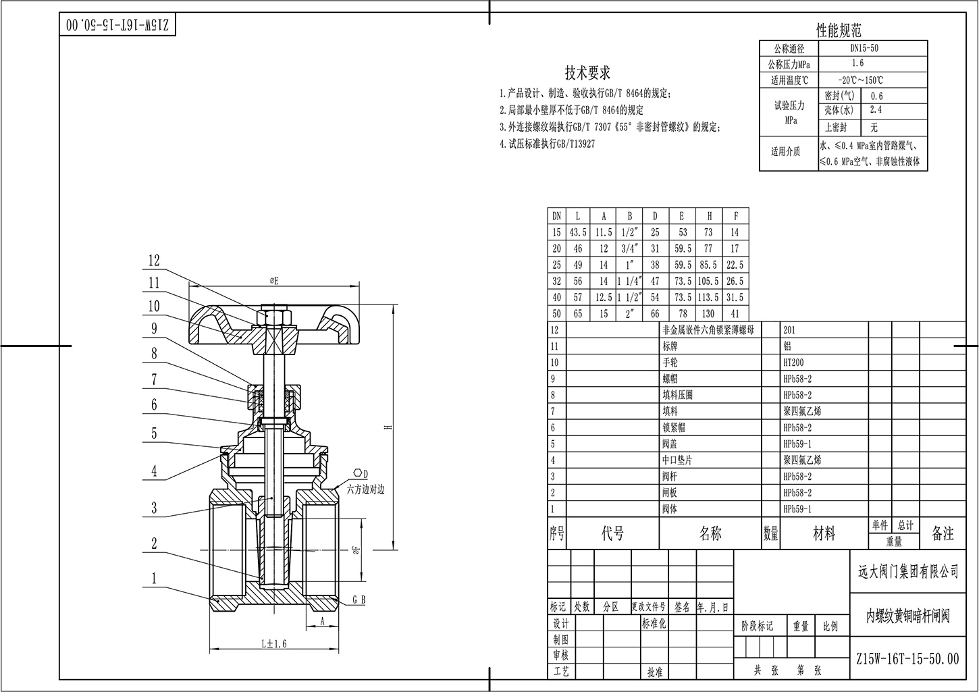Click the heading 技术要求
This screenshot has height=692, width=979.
[x=587, y=73]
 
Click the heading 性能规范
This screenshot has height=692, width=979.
[x=839, y=30]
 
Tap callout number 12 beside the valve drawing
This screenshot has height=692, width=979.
[x=154, y=260]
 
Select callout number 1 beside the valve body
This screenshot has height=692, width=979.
[x=154, y=578]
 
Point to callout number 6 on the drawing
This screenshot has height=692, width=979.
[x=154, y=404]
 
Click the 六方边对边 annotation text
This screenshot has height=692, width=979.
[x=365, y=490]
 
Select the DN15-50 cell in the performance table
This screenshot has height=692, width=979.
[x=864, y=49]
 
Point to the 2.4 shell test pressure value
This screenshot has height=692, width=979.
[x=876, y=109]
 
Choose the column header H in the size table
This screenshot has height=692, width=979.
[x=709, y=216]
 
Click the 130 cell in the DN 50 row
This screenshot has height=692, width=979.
[x=708, y=314]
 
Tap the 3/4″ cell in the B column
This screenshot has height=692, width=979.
[x=629, y=248]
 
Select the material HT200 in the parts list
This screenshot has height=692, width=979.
[x=794, y=363]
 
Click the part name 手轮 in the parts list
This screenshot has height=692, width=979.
[x=670, y=363]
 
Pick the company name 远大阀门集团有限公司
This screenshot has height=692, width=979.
[x=903, y=572]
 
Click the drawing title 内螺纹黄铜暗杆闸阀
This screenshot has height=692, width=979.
[x=908, y=616]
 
